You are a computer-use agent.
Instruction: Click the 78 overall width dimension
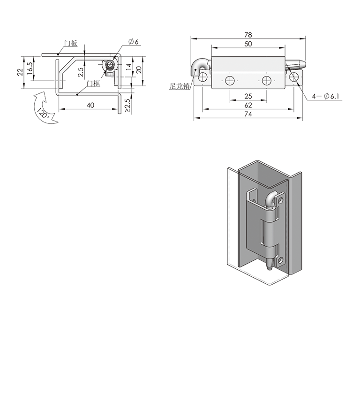coord(248,35)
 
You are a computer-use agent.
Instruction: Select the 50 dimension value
coord(248,44)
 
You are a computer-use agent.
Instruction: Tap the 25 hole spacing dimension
coord(248,96)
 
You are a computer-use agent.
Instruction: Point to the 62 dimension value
coord(248,105)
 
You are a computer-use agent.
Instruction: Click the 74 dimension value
coord(248,114)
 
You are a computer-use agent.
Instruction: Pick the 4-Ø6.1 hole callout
coord(326,96)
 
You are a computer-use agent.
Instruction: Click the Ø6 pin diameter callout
coord(133,42)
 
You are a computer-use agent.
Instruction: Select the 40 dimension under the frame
coord(90,105)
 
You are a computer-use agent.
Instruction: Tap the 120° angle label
coord(43,114)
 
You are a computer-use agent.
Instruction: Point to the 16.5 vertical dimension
coord(30,68)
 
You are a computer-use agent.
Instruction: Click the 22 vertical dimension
coord(20,72)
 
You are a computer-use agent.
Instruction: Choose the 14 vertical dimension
coord(128,67)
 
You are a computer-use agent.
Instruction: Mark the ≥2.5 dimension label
coord(127,106)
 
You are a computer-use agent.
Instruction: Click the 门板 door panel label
coord(70,43)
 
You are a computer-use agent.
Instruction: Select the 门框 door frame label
coord(93,83)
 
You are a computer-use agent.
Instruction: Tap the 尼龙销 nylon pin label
coord(179,86)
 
